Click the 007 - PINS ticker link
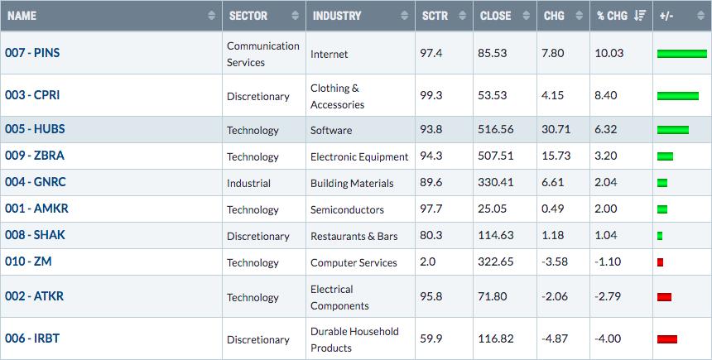[32, 53]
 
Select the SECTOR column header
[248, 16]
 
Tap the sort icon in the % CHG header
[640, 16]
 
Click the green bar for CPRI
[678, 96]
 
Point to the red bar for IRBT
[667, 339]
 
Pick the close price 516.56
[496, 129]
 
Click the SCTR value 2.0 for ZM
[428, 262]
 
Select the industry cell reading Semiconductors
[348, 209]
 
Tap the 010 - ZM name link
[28, 262]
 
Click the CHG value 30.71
[556, 129]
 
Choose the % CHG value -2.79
[608, 296]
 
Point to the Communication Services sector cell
[263, 54]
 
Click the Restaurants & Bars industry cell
[354, 237]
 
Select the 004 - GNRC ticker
[36, 182]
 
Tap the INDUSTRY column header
[337, 16]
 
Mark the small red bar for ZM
[660, 262]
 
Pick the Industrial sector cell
[249, 184]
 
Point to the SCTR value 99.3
[431, 95]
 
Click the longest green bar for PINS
[682, 54]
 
